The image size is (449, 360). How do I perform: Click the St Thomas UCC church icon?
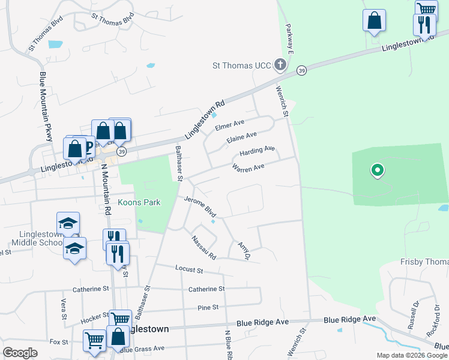pyautogui.click(x=280, y=65)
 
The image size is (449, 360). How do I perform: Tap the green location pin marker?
pyautogui.click(x=378, y=171)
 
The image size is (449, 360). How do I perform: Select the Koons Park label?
pyautogui.click(x=139, y=202)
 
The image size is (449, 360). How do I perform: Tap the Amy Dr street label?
pyautogui.click(x=244, y=251)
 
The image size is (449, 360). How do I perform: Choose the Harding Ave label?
pyautogui.click(x=257, y=149)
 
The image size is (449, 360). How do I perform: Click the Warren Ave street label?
pyautogui.click(x=248, y=167)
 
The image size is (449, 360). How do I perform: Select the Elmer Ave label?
pyautogui.click(x=231, y=125)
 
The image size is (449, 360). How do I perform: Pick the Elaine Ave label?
pyautogui.click(x=241, y=138)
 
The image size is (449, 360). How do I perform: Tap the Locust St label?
pyautogui.click(x=189, y=269)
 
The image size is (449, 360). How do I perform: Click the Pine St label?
pyautogui.click(x=207, y=308)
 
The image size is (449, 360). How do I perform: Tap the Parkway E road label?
pyautogui.click(x=289, y=37)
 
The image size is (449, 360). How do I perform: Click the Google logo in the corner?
pyautogui.click(x=20, y=352)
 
